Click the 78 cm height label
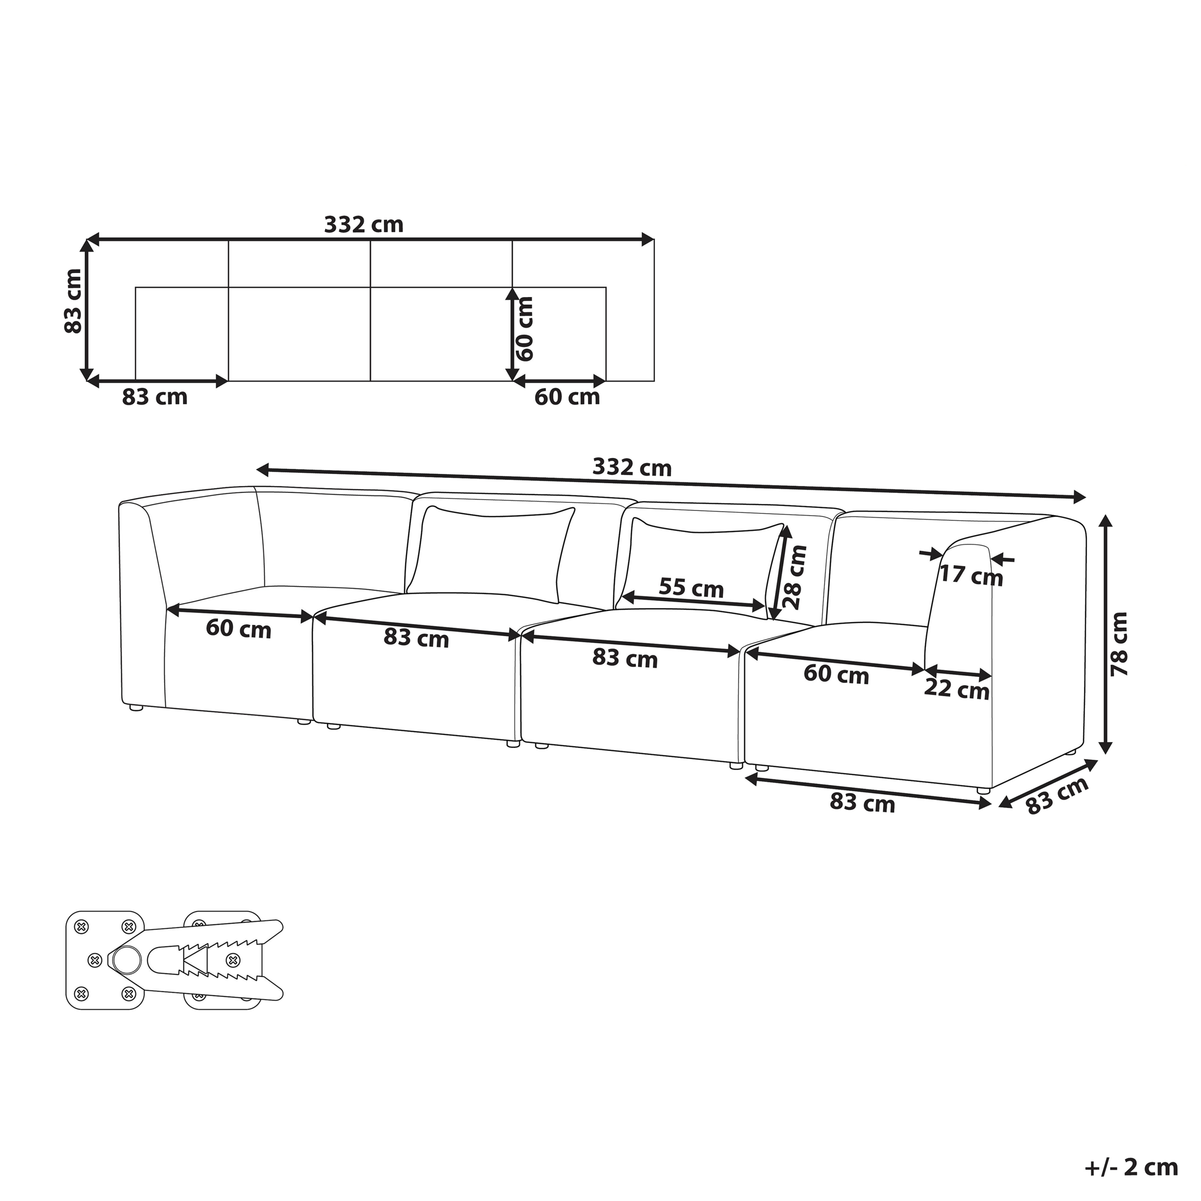point(1118,645)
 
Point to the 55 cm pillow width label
point(691,587)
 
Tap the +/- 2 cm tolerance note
point(1132,1167)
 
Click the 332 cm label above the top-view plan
point(364,224)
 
